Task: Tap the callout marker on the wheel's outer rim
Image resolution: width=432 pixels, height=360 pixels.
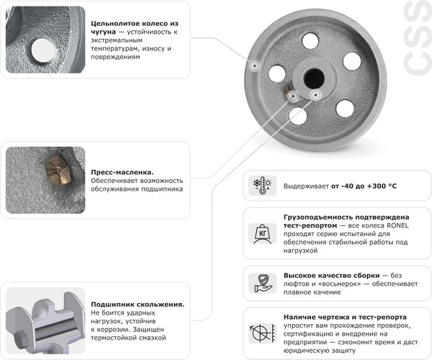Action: [253, 66]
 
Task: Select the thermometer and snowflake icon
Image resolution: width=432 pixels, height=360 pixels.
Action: [261, 186]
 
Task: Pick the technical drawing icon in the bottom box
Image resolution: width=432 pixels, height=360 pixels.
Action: [261, 333]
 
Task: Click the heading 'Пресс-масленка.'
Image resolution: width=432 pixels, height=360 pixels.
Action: [122, 172]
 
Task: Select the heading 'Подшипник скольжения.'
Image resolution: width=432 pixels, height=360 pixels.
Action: [138, 304]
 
